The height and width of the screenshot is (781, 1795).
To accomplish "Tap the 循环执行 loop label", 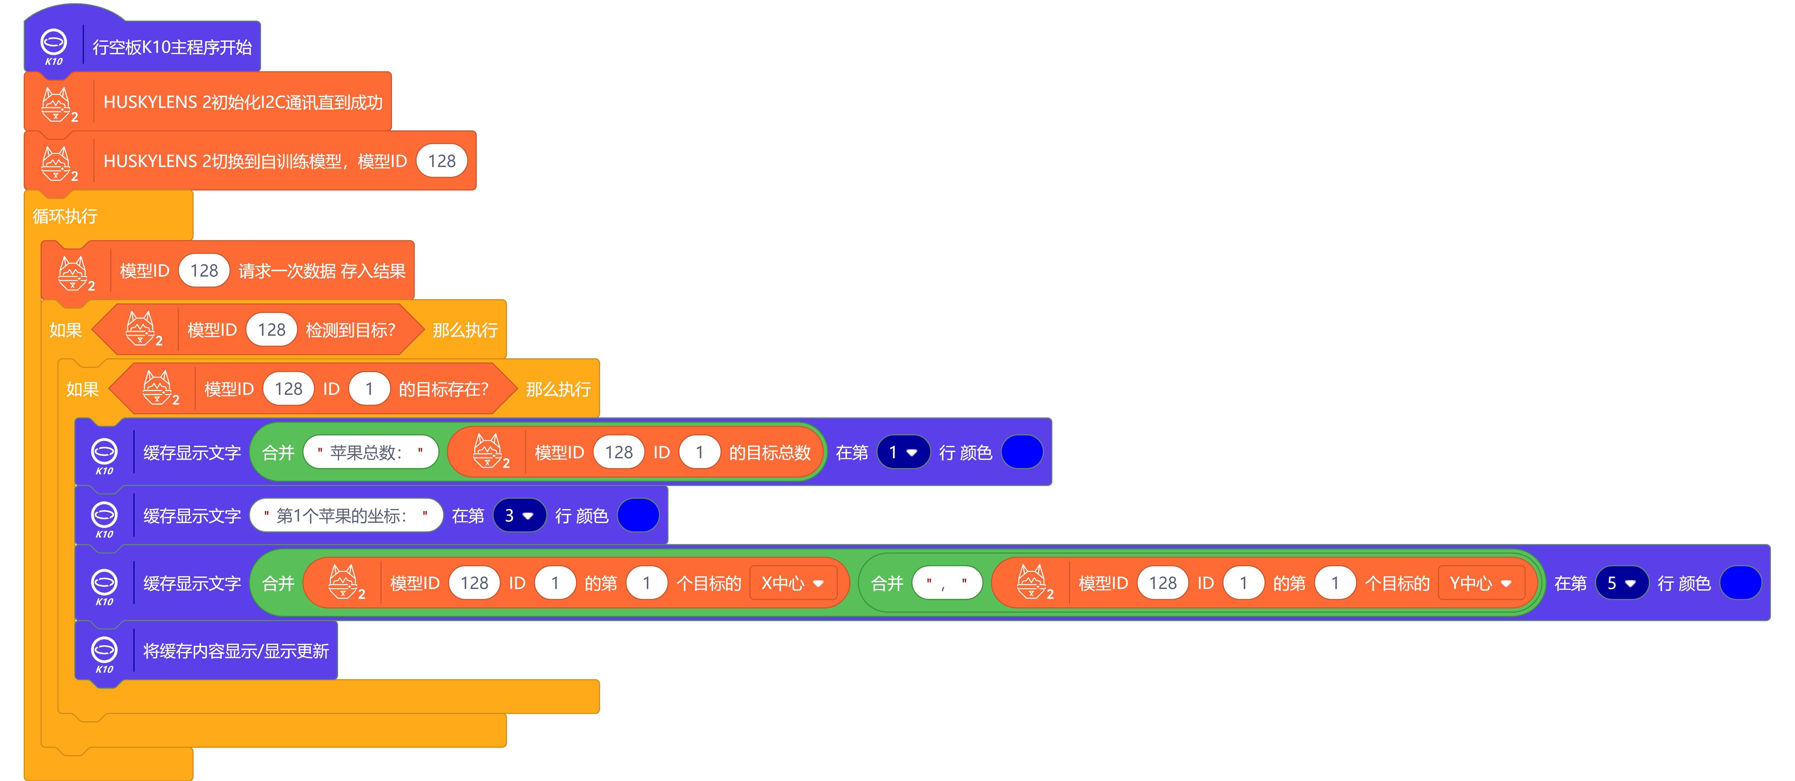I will point(65,216).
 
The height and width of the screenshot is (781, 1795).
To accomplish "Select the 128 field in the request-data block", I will point(204,271).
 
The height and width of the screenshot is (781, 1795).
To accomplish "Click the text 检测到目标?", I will point(351,330).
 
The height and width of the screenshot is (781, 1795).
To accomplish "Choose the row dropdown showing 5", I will point(1621,583).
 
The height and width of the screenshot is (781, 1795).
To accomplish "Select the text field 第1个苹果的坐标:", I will point(346,516).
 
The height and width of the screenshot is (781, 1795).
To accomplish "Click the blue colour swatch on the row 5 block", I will point(1740,583).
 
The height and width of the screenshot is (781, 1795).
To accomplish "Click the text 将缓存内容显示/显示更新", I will point(236,651).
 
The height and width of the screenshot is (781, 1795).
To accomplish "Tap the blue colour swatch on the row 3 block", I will point(638,516).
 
